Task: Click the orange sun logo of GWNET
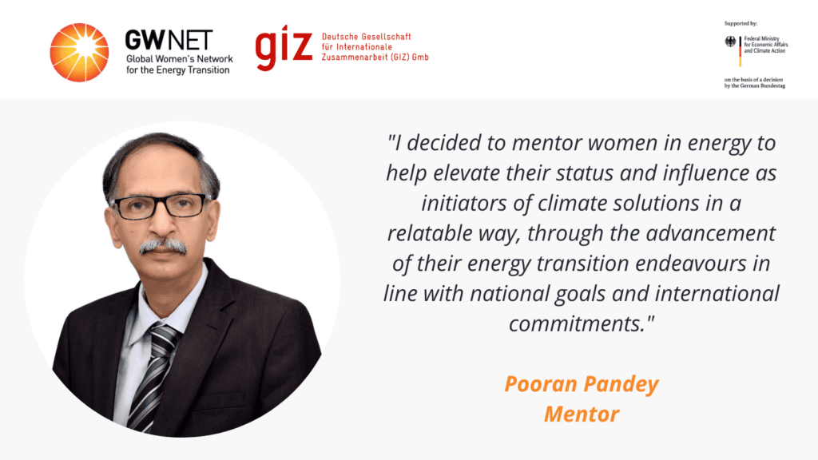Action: coord(79,52)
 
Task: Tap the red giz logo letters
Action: coord(284,47)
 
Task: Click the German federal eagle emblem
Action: coord(730,42)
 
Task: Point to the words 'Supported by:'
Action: coord(741,23)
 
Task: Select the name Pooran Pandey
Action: coord(582,384)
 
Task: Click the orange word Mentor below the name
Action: coord(582,414)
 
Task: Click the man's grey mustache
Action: coord(163,246)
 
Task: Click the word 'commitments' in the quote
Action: coord(578,324)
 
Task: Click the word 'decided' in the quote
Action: coord(443,143)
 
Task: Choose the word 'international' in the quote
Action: coord(717,294)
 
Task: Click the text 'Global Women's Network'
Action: coord(180,59)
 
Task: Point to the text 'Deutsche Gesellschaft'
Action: coord(366,37)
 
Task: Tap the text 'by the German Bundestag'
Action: coord(754,85)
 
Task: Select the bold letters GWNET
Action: coord(169,40)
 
